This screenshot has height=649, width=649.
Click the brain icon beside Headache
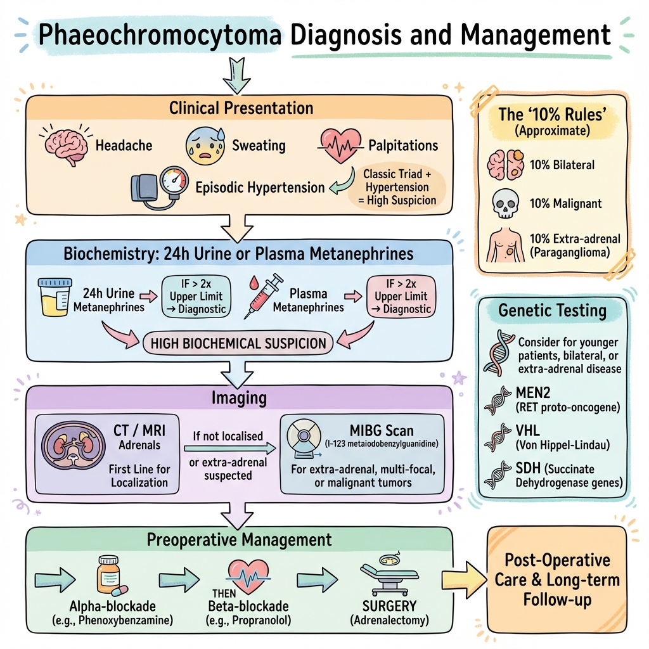tap(65, 144)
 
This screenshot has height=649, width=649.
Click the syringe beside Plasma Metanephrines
tap(262, 298)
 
